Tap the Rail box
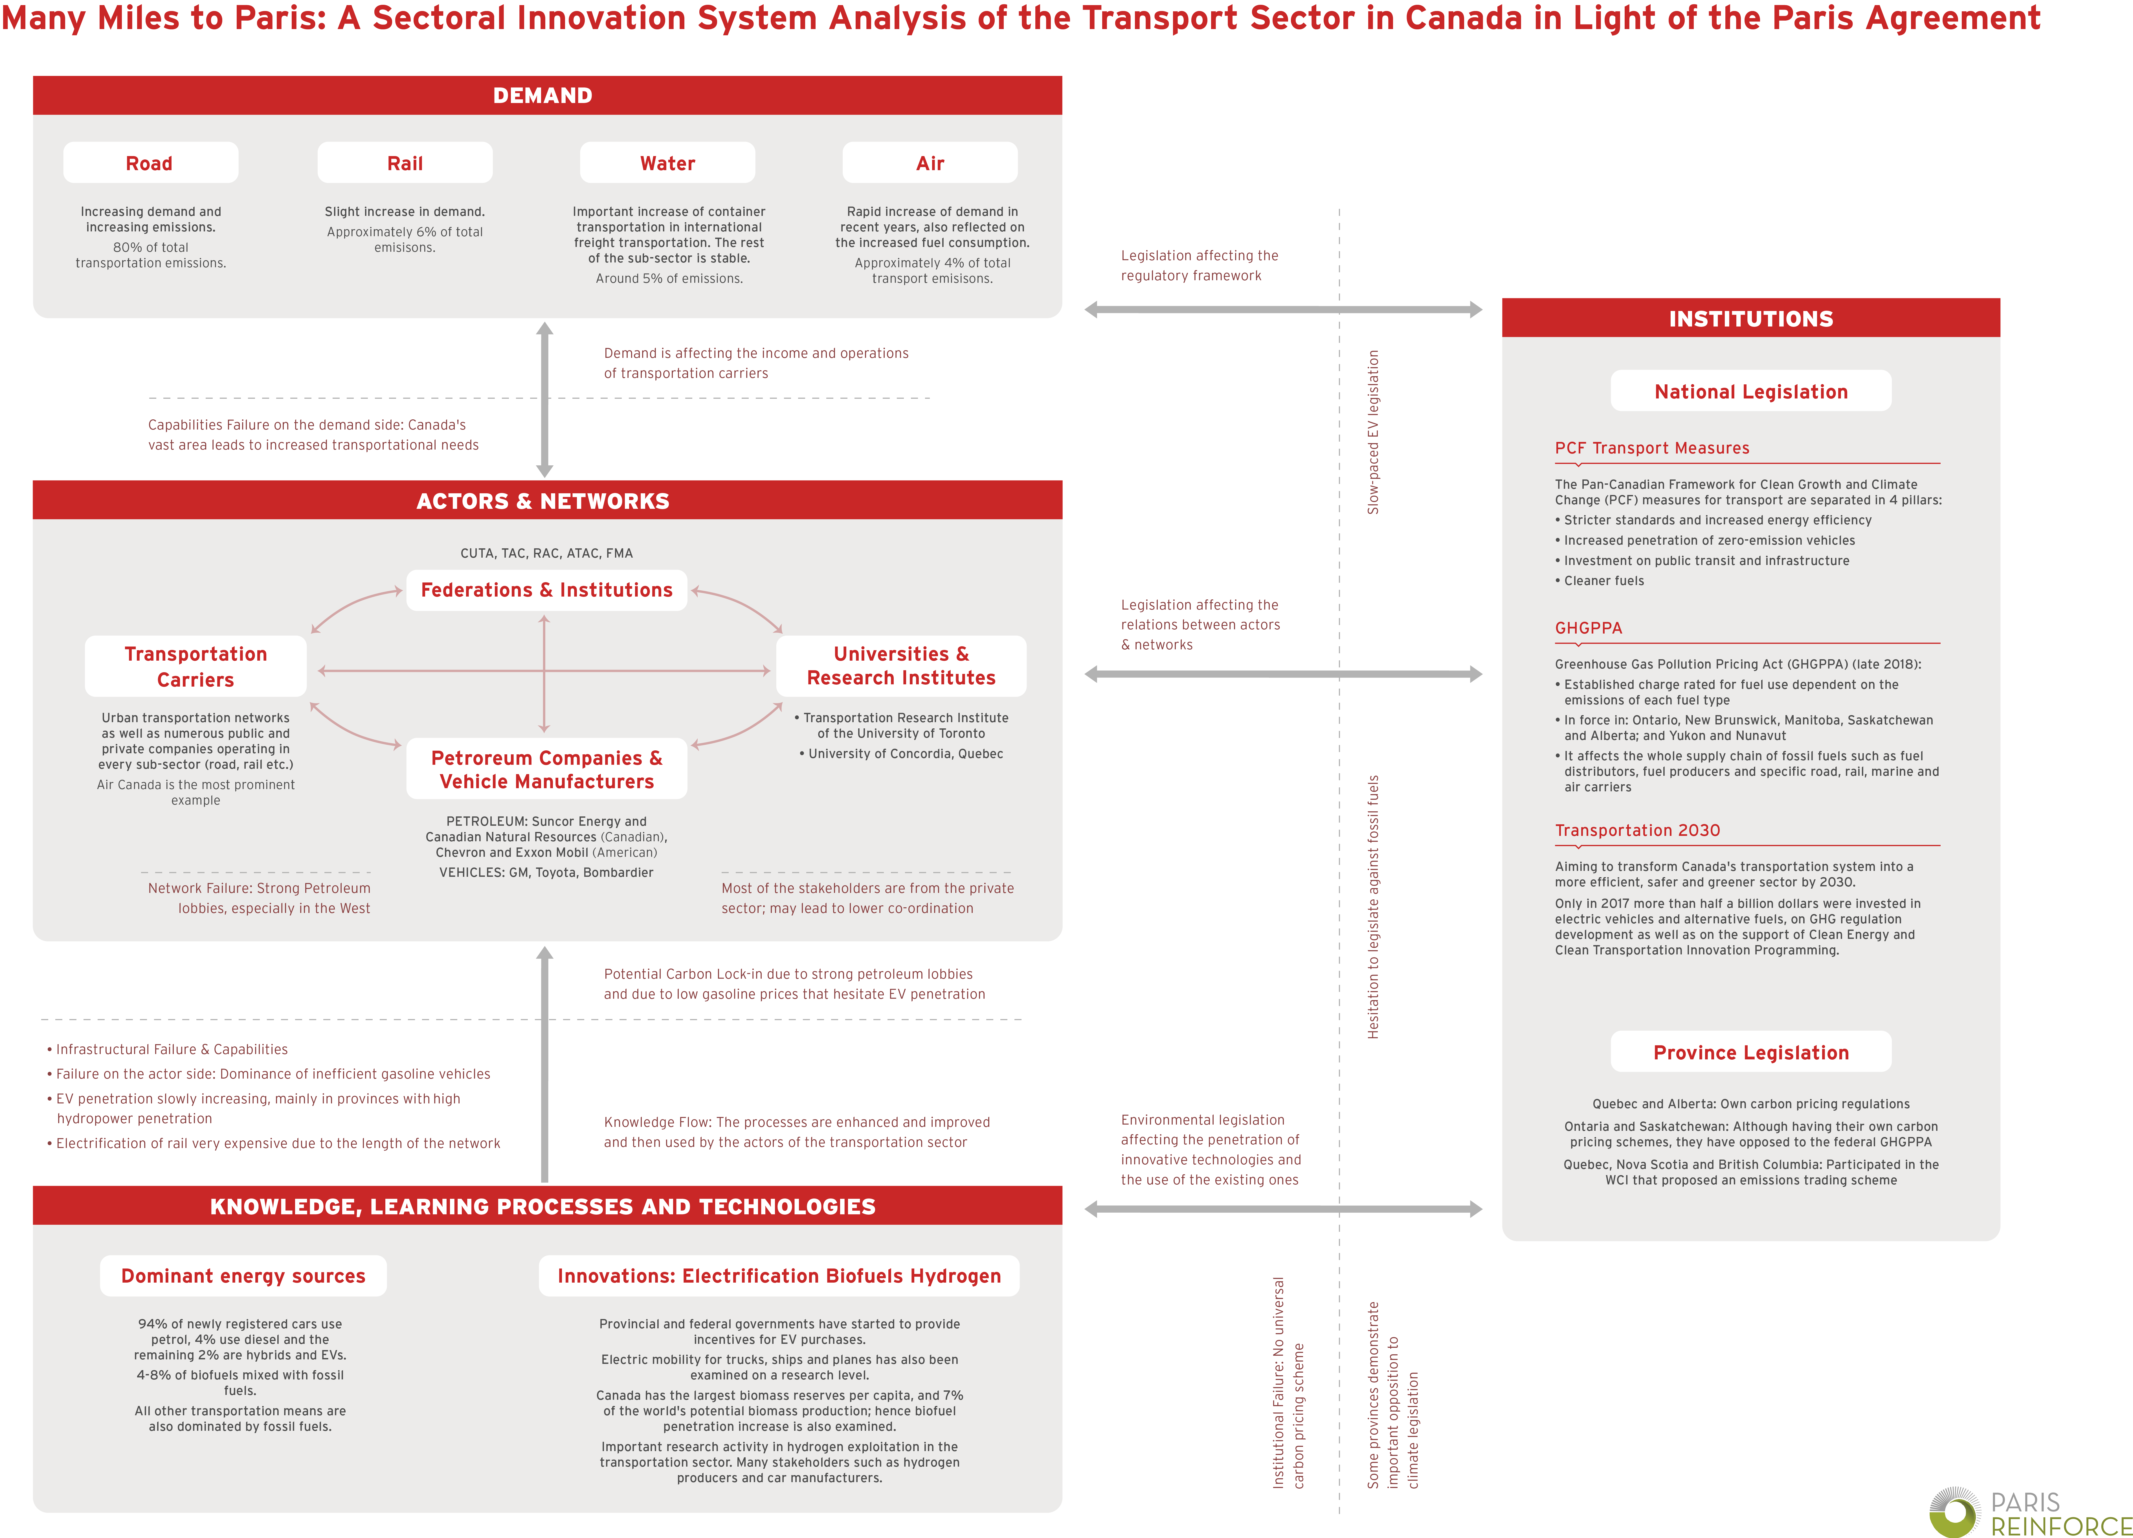(x=405, y=163)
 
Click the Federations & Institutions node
(x=546, y=590)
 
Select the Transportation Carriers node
(x=195, y=666)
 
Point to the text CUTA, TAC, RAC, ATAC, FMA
(x=546, y=553)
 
